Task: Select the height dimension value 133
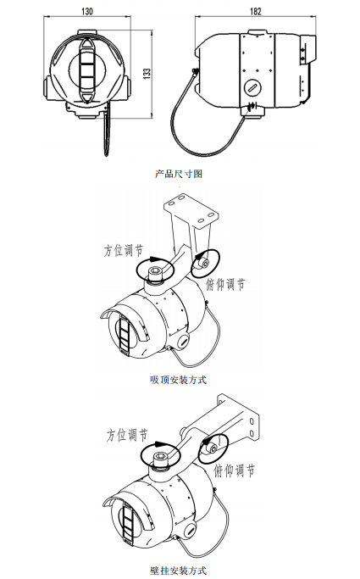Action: tap(147, 75)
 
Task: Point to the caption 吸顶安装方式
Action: tap(178, 379)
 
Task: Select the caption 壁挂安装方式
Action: tap(178, 570)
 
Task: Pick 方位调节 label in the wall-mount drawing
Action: tap(127, 436)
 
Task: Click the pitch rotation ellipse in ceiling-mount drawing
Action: tap(203, 264)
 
